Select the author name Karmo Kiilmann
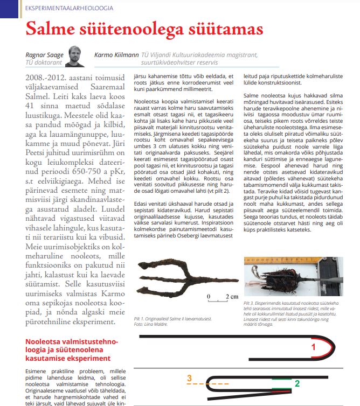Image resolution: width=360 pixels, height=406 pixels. (x=116, y=55)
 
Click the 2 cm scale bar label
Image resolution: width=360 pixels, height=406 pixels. (x=232, y=297)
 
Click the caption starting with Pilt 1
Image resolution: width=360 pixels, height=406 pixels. (x=172, y=319)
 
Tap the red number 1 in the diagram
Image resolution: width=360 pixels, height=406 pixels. (x=313, y=348)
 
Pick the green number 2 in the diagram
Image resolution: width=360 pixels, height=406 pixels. (x=297, y=384)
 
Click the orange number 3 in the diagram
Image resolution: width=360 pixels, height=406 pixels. (x=189, y=379)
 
